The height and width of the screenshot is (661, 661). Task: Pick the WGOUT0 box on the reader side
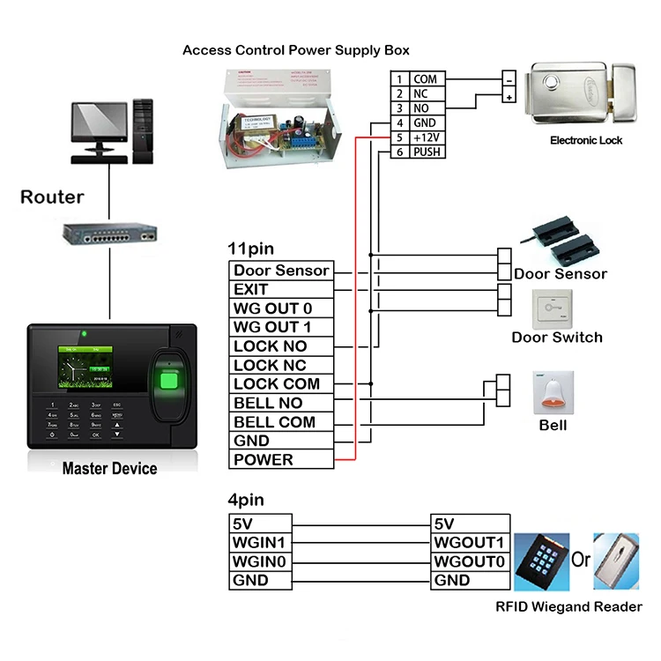(469, 561)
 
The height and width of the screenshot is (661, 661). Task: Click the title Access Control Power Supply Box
(295, 50)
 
